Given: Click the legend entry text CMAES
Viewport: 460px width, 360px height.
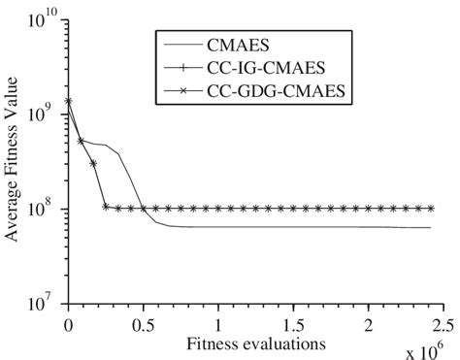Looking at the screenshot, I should pos(239,43).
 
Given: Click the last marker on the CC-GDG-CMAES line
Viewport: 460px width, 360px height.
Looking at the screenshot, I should pos(430,208).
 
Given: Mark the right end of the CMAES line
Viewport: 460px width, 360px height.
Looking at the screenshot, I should pos(431,228).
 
